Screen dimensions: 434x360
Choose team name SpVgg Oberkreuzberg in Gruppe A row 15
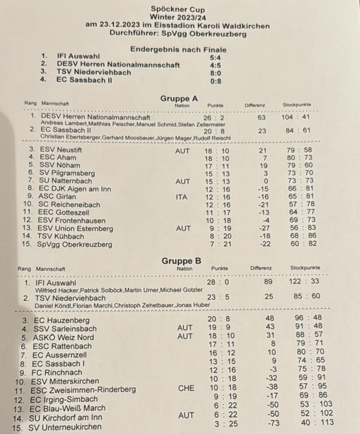click(x=75, y=245)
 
